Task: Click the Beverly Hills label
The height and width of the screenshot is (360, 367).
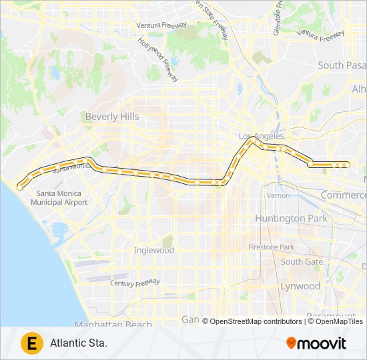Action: click(x=112, y=117)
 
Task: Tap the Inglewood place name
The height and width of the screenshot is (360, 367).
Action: click(x=153, y=251)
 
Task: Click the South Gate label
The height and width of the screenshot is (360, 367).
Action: click(x=302, y=262)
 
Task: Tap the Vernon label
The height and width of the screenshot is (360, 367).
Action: click(x=278, y=195)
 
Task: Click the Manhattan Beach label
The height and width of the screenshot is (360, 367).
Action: click(x=113, y=325)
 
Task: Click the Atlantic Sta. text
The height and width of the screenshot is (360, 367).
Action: click(x=79, y=344)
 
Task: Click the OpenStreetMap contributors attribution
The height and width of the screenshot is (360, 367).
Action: click(x=256, y=321)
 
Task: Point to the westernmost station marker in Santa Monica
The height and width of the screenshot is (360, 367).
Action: click(x=20, y=188)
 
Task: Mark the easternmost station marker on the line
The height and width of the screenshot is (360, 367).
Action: click(x=346, y=165)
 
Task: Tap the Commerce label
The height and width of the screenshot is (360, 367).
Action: click(x=343, y=195)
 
